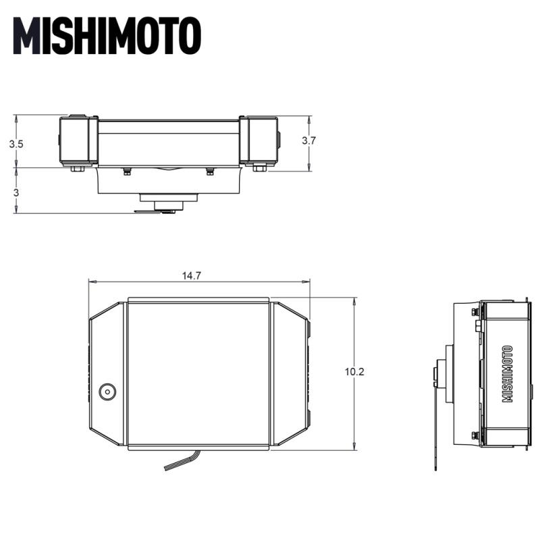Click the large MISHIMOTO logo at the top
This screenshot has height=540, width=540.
pos(107,36)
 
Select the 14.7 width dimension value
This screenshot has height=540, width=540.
pos(192,275)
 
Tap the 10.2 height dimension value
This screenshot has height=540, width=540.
pos(354,373)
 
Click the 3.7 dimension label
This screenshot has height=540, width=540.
pos(308,141)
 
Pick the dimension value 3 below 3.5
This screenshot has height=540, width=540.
pos(16,192)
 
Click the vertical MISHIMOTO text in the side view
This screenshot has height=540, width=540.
pos(508,374)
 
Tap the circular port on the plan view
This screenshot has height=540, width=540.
pos(107,391)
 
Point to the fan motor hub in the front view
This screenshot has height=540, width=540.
pos(168,200)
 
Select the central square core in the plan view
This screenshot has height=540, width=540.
pos(198,374)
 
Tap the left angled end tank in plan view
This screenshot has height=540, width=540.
pos(107,374)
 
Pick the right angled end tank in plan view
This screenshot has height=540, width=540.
pos(289,374)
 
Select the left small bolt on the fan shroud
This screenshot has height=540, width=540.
pos(126,172)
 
